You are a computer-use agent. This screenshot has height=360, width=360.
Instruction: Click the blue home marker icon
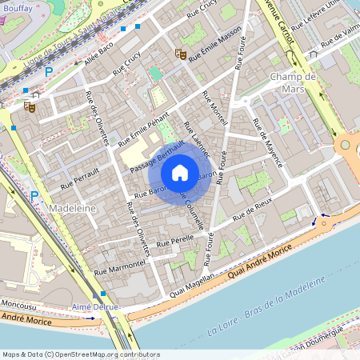[x=180, y=172]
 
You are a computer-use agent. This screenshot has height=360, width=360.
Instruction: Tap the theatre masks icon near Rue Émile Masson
[x=181, y=54]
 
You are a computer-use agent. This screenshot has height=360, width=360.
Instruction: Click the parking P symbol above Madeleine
[x=34, y=195]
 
